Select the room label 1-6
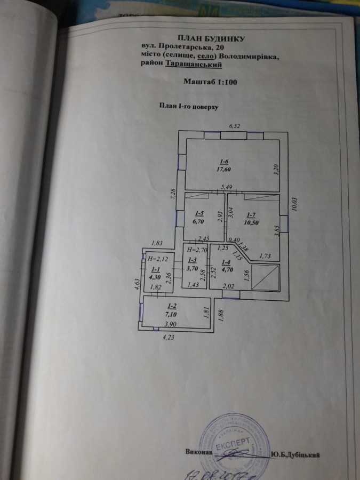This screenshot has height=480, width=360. tap(225, 162)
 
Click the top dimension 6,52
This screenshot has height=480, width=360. tap(235, 126)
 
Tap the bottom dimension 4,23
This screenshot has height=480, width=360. tap(168, 337)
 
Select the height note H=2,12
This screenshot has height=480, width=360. tap(156, 259)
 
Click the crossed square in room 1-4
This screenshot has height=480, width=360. tap(266, 277)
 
